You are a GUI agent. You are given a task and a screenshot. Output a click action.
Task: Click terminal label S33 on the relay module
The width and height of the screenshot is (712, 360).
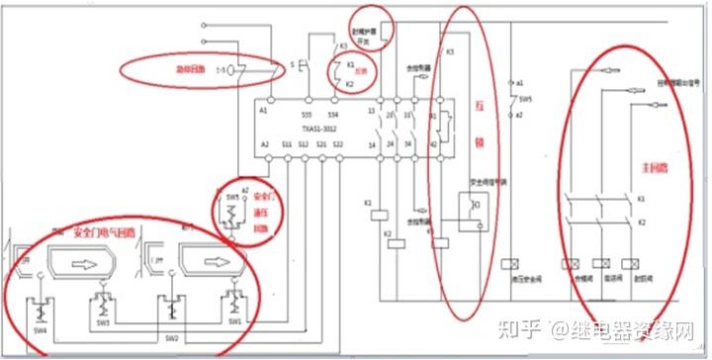[308, 116]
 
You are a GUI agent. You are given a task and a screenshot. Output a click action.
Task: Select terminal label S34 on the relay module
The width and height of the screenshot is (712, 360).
[332, 116]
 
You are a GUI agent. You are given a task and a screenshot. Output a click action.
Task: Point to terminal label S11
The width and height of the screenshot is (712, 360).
[287, 144]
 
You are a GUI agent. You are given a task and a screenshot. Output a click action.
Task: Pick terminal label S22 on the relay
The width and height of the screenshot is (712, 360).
[337, 144]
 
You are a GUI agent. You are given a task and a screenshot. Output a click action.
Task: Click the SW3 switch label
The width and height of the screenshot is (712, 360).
[103, 321]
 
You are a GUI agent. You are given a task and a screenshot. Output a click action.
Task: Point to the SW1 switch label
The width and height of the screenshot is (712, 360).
[235, 321]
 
